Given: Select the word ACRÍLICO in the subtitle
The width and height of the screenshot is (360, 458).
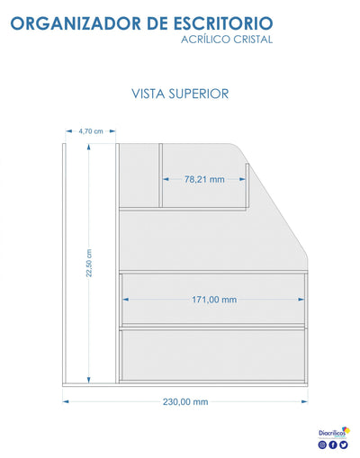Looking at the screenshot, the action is (x=205, y=39).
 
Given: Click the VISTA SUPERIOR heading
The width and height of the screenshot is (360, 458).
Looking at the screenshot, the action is (x=180, y=94).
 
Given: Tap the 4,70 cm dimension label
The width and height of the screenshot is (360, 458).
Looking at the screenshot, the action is (x=91, y=131).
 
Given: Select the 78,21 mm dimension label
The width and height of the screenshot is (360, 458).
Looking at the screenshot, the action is (x=204, y=179).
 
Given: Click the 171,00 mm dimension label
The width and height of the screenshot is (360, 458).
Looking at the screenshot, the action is (x=214, y=300).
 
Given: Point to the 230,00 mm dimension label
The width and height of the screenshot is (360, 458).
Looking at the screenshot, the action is (x=185, y=401).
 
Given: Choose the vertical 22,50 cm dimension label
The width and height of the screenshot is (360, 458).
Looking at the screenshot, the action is (x=89, y=263).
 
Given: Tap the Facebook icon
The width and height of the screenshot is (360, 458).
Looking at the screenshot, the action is (x=333, y=445).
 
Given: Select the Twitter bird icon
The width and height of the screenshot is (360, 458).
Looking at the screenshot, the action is (x=344, y=445).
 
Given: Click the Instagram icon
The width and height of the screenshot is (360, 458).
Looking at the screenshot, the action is (x=322, y=445).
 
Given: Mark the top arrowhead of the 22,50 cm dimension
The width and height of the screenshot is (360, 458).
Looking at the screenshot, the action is (x=89, y=147).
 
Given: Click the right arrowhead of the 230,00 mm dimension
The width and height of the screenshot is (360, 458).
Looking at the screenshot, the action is (x=304, y=401).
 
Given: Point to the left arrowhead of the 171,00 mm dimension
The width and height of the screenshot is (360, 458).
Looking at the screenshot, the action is (x=126, y=300).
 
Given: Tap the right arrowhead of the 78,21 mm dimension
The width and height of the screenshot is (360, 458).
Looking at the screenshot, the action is (x=242, y=179).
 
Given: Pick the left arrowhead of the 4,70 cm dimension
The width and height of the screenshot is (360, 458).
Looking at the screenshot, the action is (x=69, y=131).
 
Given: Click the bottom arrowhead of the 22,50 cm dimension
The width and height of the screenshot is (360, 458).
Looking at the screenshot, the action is (x=89, y=381).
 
